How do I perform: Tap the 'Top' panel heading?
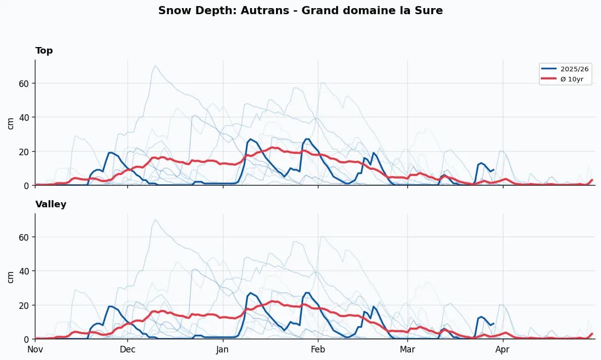coord(44,51)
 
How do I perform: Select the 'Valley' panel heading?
coord(51,204)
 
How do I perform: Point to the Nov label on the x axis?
coord(35,349)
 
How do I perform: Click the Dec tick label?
coord(127,349)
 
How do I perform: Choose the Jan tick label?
coord(222,349)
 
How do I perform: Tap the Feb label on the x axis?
coord(318,349)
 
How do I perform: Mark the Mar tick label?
coord(407,349)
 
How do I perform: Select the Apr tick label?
coord(502,349)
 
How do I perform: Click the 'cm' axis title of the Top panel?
coord(10,123)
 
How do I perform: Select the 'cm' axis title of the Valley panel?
coord(10,277)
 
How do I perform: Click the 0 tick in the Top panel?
coord(26,186)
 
